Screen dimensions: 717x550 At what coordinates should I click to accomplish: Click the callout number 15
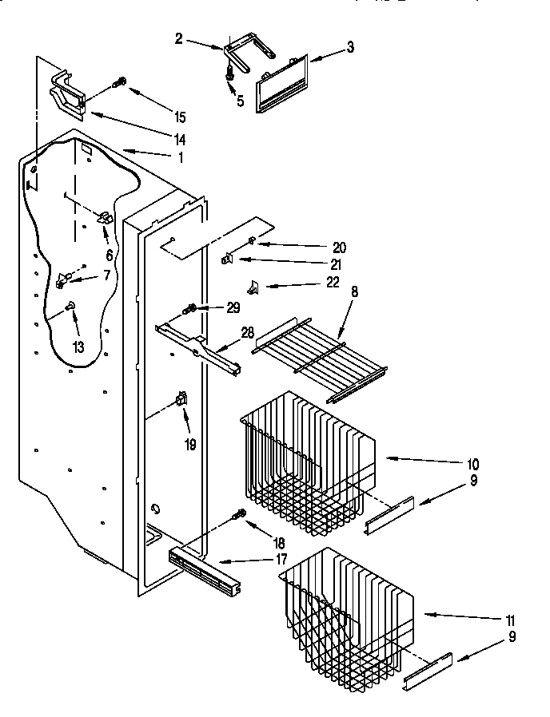180,117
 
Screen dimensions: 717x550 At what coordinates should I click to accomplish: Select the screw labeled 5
230,73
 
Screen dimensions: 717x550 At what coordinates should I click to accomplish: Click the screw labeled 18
238,517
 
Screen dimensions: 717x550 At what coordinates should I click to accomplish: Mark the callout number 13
78,346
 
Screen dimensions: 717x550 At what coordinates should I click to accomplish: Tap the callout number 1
180,158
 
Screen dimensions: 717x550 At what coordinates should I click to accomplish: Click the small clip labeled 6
105,218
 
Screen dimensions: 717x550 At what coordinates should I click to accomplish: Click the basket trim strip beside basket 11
428,670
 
